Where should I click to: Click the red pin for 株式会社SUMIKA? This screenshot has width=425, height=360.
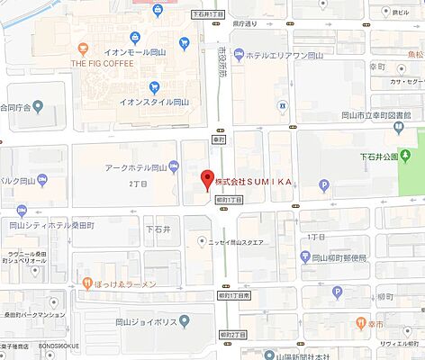click(x=206, y=178)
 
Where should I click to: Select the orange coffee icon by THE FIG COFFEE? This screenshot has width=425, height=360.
click(x=83, y=48)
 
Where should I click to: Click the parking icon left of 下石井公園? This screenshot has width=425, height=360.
click(x=325, y=186)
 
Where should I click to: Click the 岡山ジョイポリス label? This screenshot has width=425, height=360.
click(x=146, y=319)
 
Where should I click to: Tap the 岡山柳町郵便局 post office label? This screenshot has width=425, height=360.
click(x=343, y=256)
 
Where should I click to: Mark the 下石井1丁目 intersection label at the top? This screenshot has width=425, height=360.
click(x=209, y=13)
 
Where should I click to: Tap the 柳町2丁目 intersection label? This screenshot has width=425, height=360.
click(x=232, y=335)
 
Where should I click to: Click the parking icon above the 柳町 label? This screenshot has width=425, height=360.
click(x=338, y=292)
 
